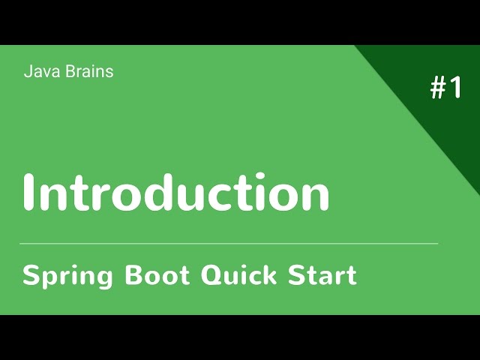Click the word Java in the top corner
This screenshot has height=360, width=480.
pos(39,72)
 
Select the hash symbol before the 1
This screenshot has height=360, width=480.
pos(438,88)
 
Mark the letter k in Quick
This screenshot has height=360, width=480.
pos(271,275)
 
